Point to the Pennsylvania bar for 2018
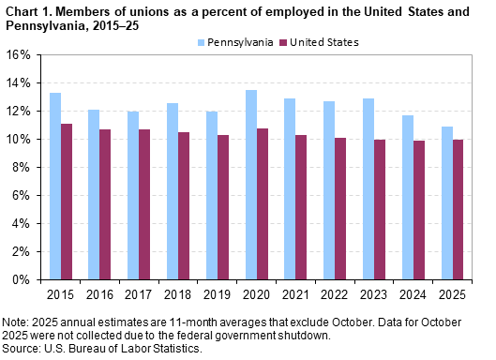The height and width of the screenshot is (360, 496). (173, 191)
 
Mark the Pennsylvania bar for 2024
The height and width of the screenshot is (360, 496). (407, 197)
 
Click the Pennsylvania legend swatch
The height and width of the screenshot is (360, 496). (201, 43)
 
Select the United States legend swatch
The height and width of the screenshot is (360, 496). (284, 43)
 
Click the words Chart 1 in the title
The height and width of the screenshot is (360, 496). (23, 10)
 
